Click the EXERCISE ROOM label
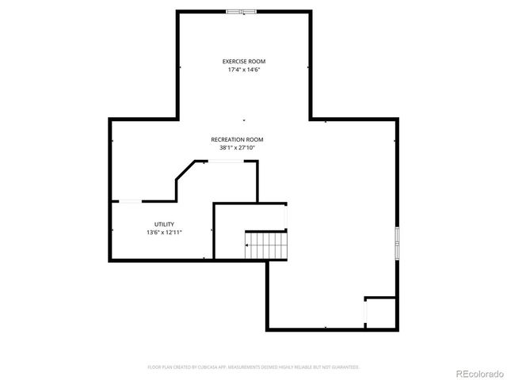click(243, 61)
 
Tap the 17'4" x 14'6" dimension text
click(243, 70)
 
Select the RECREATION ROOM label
click(237, 139)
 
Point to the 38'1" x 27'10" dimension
click(237, 147)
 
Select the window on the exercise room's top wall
click(242, 11)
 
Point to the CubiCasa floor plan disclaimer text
click(253, 367)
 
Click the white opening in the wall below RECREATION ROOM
click(226, 161)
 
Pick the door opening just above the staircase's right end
click(286, 217)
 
